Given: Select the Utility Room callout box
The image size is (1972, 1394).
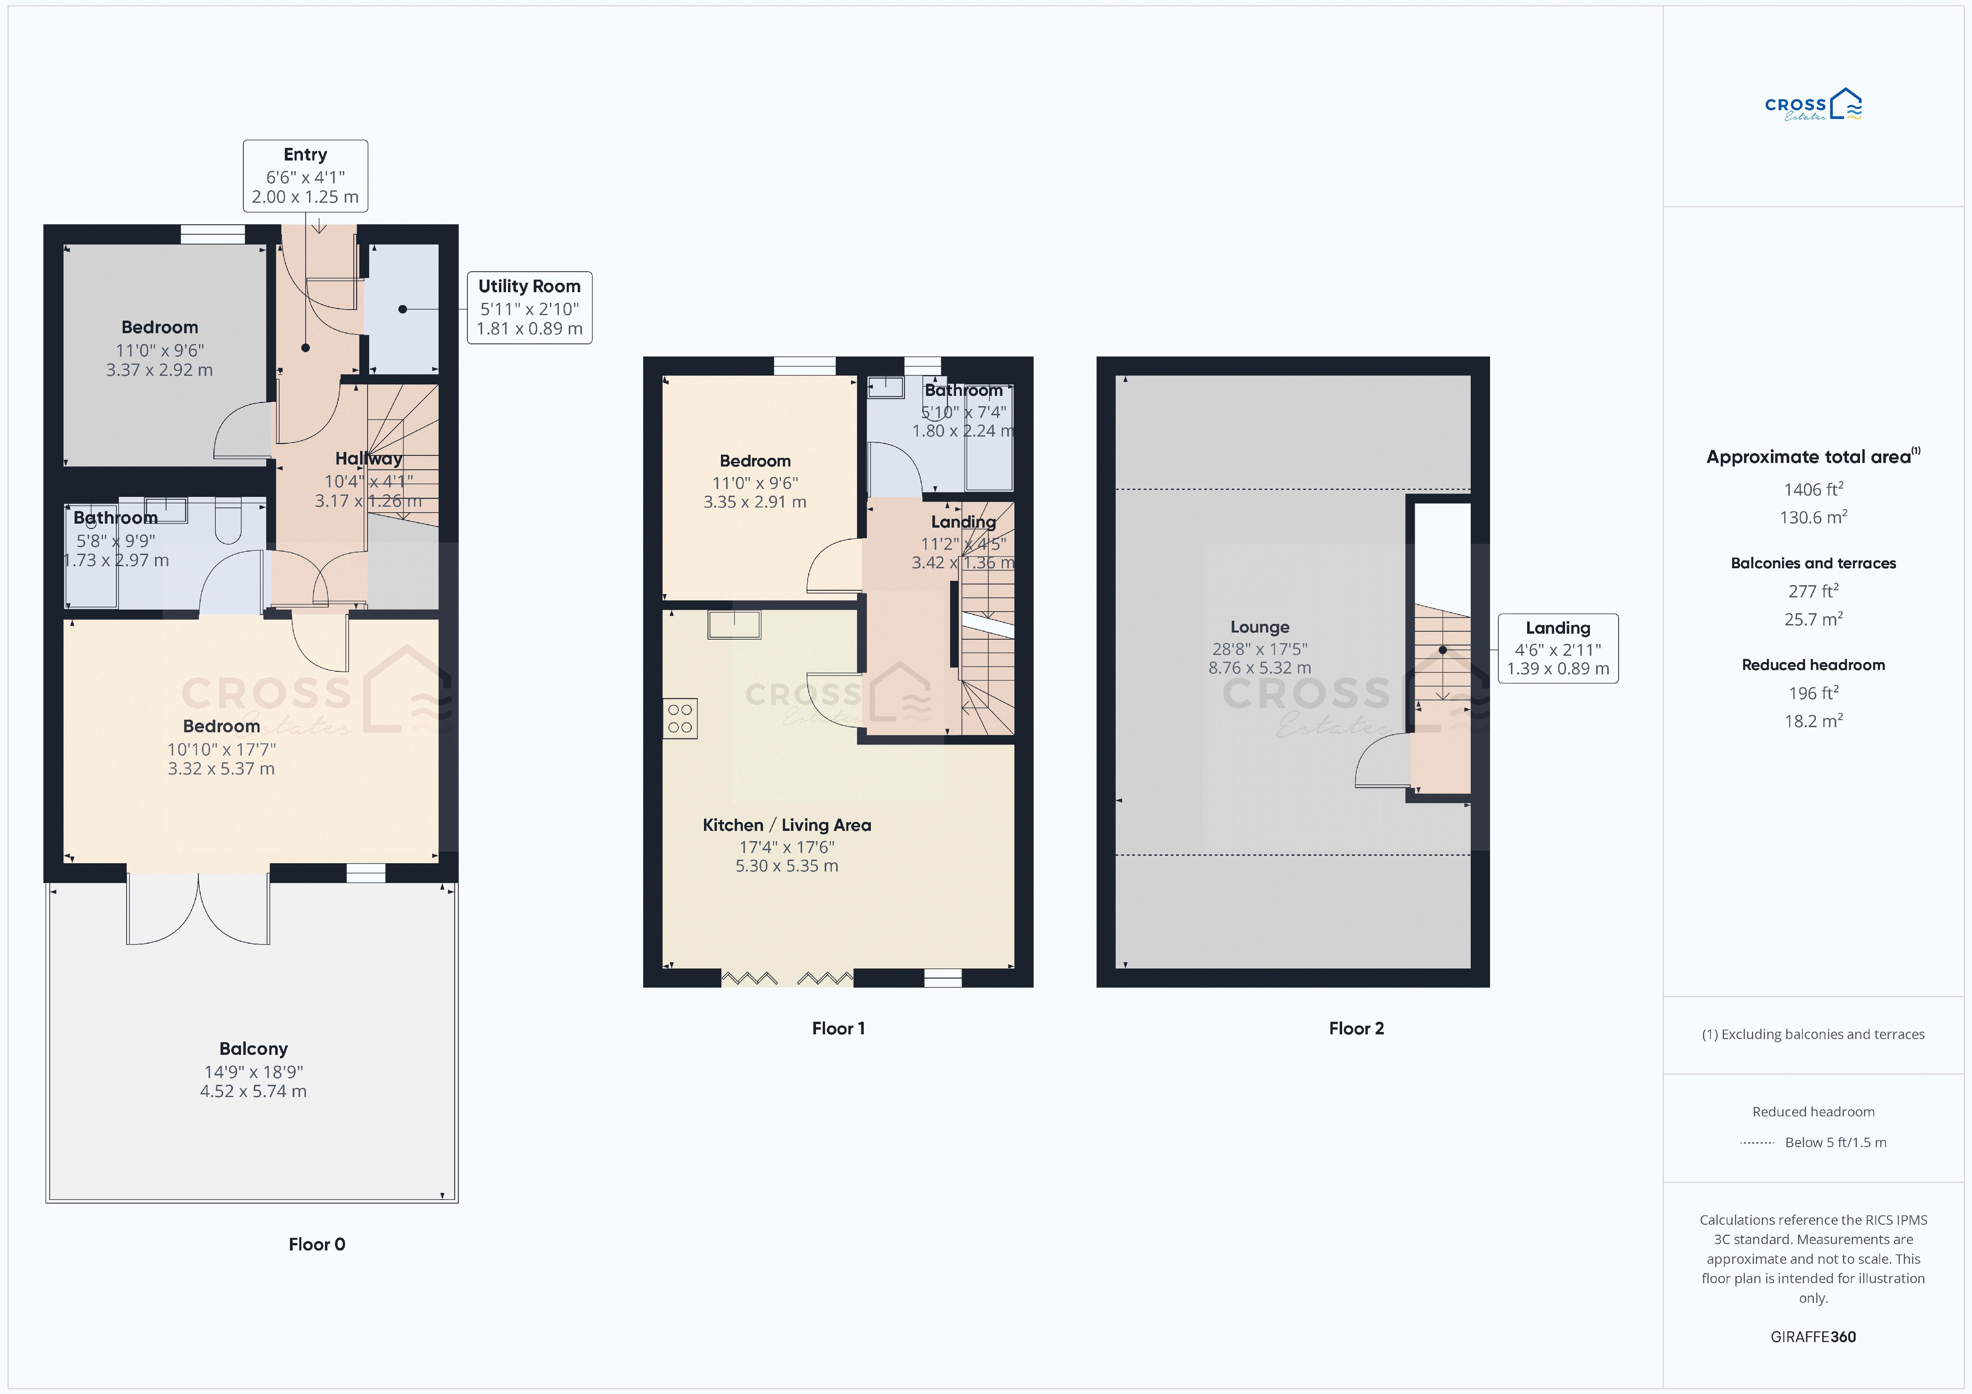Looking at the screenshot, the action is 529,308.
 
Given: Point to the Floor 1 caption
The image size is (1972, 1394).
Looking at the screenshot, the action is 838,1028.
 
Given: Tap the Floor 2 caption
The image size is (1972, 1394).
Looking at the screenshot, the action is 1356,1028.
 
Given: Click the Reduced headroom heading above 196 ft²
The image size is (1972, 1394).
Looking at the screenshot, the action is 1813,665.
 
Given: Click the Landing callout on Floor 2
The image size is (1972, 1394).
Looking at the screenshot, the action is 1558,648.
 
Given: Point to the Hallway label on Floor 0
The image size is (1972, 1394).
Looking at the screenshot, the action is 368,459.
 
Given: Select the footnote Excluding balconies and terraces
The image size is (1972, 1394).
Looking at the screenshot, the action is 1813,1034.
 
